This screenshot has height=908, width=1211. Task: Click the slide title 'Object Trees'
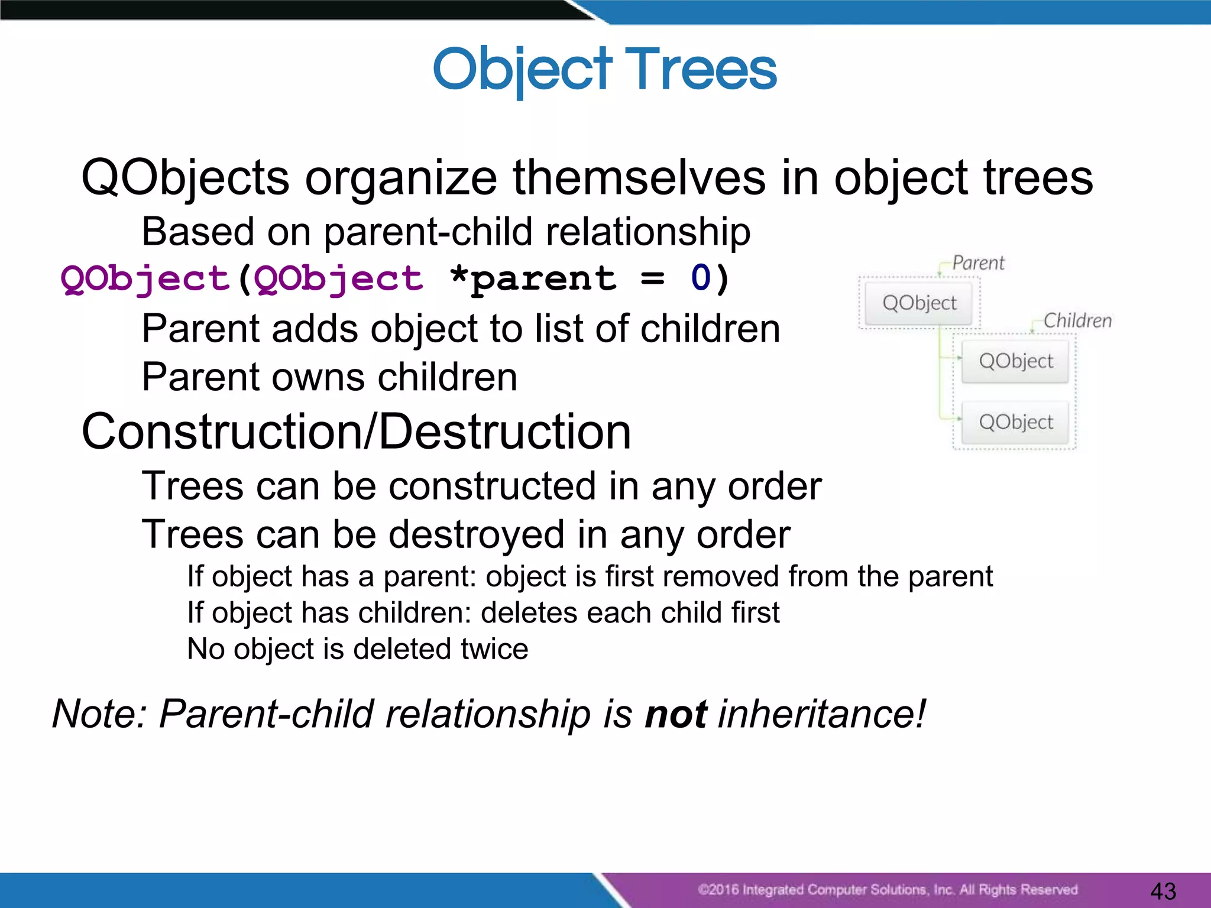pos(604,70)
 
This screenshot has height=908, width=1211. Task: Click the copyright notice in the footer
pos(887,890)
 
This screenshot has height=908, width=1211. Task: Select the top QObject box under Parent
pos(919,303)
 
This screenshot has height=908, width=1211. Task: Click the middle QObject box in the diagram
pos(1015,361)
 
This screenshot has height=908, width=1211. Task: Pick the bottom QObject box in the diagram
pos(1015,422)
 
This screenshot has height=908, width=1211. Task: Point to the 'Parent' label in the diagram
pos(978,262)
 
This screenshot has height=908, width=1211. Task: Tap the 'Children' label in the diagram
pos(1077,320)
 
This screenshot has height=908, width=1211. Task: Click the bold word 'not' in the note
pos(675,714)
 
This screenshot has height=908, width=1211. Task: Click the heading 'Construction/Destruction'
pos(356,432)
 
